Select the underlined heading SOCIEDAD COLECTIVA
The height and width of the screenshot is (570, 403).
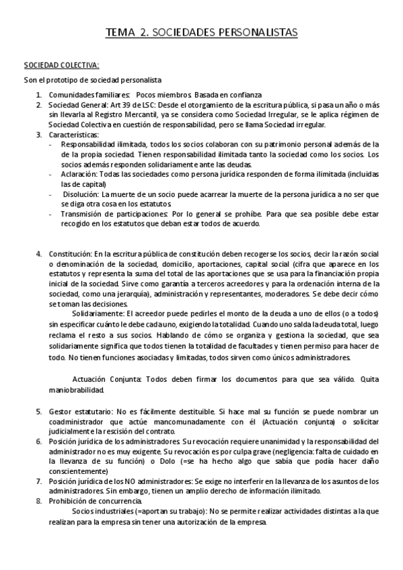(61, 65)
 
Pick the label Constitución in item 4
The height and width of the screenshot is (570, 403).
(69, 254)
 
